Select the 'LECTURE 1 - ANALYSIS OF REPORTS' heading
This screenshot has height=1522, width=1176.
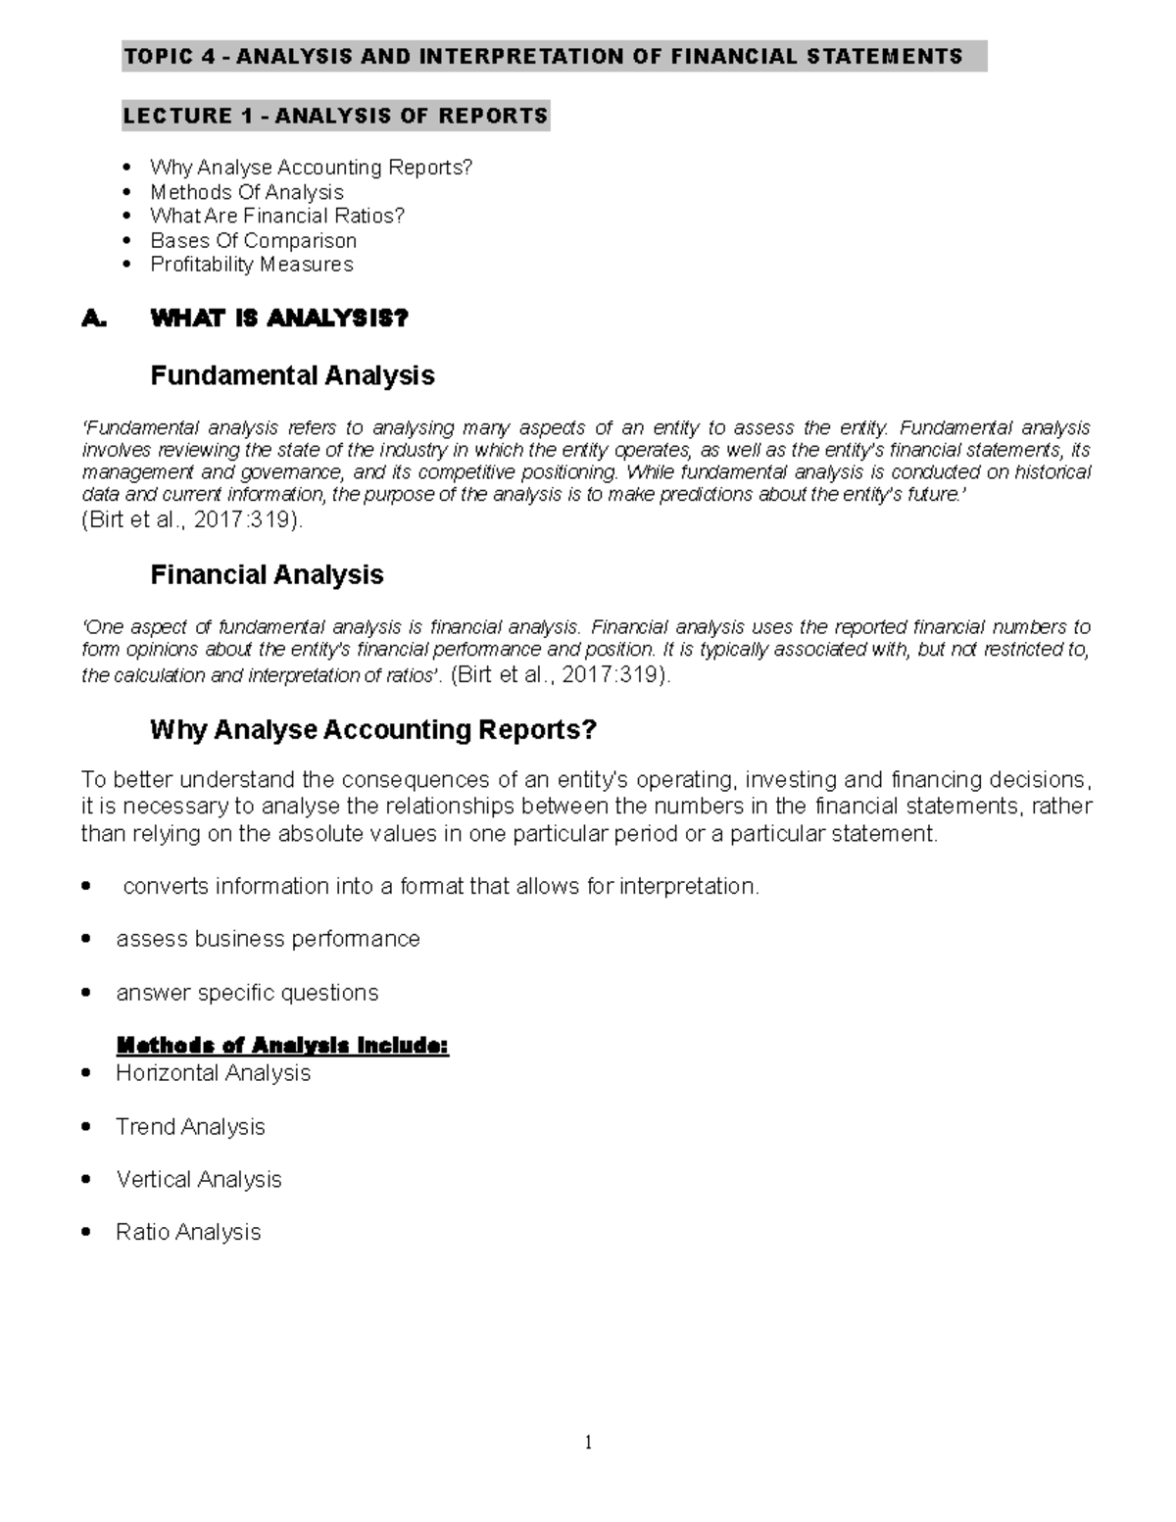(335, 117)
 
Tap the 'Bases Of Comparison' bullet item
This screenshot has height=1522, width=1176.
(253, 241)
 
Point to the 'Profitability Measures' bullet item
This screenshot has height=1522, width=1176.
(251, 265)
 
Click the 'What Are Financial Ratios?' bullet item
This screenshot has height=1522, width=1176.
(276, 217)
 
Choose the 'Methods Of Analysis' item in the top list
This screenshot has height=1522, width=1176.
(246, 193)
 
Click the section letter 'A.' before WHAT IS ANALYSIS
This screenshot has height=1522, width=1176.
(93, 319)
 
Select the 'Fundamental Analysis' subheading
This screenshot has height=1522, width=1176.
(291, 376)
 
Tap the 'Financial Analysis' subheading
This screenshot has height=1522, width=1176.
(266, 575)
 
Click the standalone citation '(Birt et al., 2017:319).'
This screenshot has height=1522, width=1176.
(192, 520)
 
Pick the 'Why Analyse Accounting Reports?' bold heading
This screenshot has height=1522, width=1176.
(372, 730)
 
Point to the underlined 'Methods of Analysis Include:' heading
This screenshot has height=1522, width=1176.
(282, 1047)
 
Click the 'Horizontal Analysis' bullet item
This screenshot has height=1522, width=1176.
(213, 1074)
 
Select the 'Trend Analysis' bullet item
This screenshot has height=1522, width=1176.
(190, 1127)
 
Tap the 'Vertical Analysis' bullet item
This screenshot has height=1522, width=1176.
(198, 1180)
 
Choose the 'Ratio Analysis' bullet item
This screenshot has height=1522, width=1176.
(188, 1233)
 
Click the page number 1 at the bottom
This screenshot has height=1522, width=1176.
(588, 1442)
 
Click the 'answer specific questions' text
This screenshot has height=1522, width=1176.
(247, 994)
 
